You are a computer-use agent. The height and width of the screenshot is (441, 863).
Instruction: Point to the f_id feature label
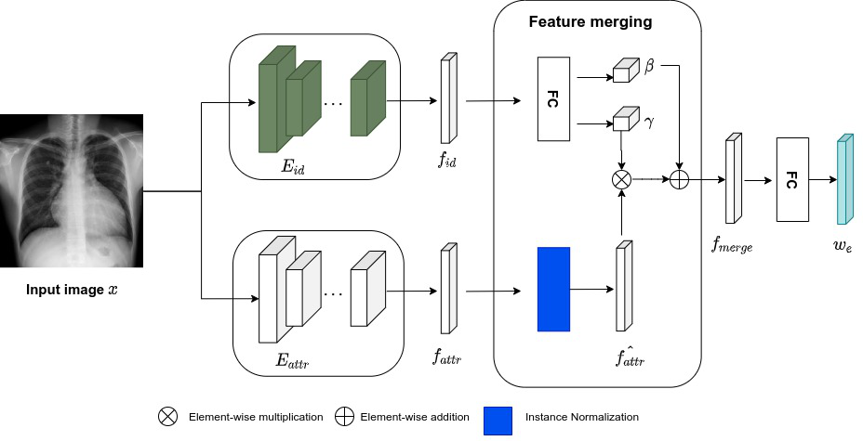point(448,161)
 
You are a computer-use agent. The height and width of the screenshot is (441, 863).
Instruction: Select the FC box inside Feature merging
point(553,98)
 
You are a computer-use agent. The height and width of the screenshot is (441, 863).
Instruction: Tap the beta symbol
point(649,67)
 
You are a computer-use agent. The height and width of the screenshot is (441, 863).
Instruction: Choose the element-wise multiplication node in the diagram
point(621,180)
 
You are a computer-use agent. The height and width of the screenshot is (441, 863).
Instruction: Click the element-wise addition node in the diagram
point(679,180)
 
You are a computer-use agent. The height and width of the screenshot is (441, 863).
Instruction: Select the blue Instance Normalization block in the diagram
point(553,289)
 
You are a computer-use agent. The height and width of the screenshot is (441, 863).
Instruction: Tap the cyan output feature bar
point(843,180)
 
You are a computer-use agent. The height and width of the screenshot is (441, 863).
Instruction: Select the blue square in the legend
point(498,417)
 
